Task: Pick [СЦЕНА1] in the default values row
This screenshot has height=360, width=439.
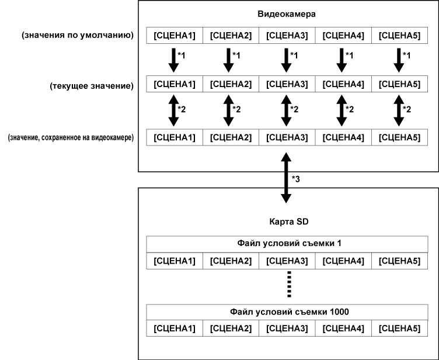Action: tap(174, 36)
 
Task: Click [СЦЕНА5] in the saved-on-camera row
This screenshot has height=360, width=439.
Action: tap(399, 138)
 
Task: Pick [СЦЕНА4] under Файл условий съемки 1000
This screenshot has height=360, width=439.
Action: tap(343, 327)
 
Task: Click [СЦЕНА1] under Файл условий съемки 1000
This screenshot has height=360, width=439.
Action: tap(174, 327)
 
